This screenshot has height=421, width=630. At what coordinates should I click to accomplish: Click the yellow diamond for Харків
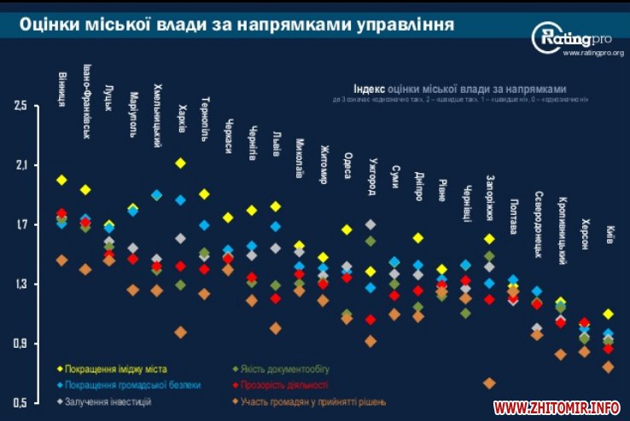pyautogui.click(x=180, y=163)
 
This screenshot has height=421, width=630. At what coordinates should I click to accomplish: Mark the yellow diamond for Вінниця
pyautogui.click(x=61, y=180)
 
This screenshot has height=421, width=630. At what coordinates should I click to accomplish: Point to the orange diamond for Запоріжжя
pyautogui.click(x=489, y=384)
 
